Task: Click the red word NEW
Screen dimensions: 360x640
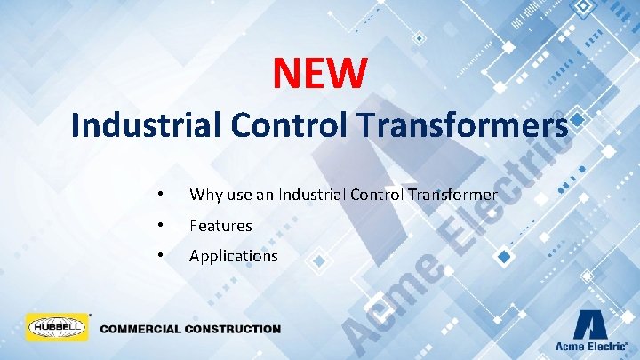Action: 319,73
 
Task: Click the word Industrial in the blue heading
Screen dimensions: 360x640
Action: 147,125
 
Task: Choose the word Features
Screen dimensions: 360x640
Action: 220,226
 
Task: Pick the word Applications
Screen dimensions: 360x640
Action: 233,256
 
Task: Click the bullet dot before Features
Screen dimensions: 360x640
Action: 159,225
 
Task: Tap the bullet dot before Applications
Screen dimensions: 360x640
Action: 159,255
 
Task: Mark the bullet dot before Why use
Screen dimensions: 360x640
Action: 159,194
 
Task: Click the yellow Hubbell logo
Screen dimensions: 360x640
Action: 55,328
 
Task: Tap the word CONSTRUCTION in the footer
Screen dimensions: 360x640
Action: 233,329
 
